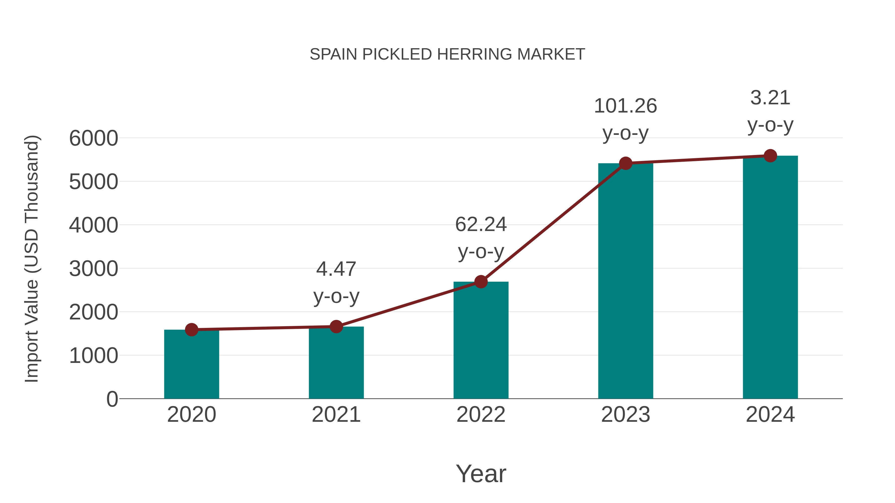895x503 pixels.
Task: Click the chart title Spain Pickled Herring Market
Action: [x=447, y=54]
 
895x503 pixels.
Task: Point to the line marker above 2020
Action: [x=191, y=329]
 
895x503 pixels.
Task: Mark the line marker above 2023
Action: [x=626, y=163]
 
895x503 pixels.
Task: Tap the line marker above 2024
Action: [x=770, y=155]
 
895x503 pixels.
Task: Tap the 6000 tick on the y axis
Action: [x=93, y=138]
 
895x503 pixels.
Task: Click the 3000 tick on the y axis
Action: [x=93, y=269]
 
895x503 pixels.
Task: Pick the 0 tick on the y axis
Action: [x=112, y=399]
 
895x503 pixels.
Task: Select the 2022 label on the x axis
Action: [x=481, y=415]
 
